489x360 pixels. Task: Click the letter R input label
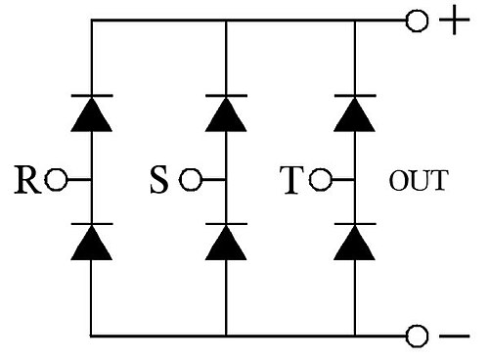coord(28,180)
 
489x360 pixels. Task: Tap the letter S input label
coord(159,180)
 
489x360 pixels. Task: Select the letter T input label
coord(291,180)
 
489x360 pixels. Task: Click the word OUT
coord(419,180)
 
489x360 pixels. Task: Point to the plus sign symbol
coord(455,20)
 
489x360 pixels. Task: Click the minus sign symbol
coord(455,336)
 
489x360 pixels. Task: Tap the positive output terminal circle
coord(417,21)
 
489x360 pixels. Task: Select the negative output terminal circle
coord(417,336)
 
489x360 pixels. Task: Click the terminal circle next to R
coord(56,180)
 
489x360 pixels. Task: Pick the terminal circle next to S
coord(191,180)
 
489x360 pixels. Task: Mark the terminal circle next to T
coord(321,180)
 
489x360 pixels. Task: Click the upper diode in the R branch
coord(92,113)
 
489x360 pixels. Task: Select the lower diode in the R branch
coord(92,242)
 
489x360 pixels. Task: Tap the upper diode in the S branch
coord(226,113)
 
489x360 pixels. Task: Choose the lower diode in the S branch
coord(226,242)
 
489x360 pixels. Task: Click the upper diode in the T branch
coord(355,113)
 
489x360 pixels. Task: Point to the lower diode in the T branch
coord(355,242)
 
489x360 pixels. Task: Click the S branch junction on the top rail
coord(226,21)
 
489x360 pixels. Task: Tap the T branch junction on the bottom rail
coord(355,336)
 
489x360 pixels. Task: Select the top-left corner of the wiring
coord(92,21)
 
